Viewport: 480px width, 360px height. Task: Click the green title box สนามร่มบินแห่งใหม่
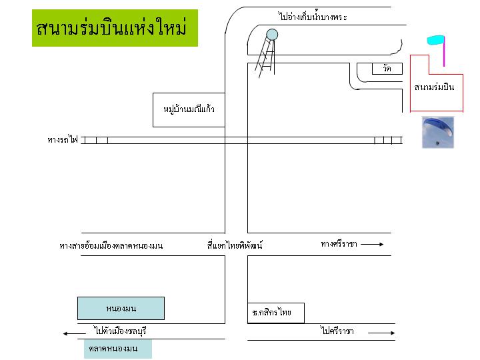point(115,28)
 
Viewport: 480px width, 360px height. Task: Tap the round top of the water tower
point(272,34)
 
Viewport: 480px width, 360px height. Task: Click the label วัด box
point(387,69)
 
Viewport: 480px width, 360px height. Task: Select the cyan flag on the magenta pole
point(435,41)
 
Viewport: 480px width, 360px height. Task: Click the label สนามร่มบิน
point(438,87)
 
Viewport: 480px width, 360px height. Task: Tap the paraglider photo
point(437,132)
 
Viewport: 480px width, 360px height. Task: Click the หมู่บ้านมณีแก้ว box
point(189,109)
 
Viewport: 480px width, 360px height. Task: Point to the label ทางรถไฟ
point(63,140)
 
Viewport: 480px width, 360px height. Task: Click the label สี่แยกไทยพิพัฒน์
point(235,245)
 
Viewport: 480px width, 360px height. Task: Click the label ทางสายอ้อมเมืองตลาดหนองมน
point(111,246)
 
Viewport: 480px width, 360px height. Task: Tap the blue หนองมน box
point(121,308)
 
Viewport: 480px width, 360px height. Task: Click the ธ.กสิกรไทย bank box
point(275,313)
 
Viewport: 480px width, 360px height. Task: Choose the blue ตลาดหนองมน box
point(118,349)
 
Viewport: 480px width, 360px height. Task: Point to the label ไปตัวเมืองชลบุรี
point(120,331)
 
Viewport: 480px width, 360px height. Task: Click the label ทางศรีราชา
point(339,244)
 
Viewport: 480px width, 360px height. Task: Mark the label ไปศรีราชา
point(336,331)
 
